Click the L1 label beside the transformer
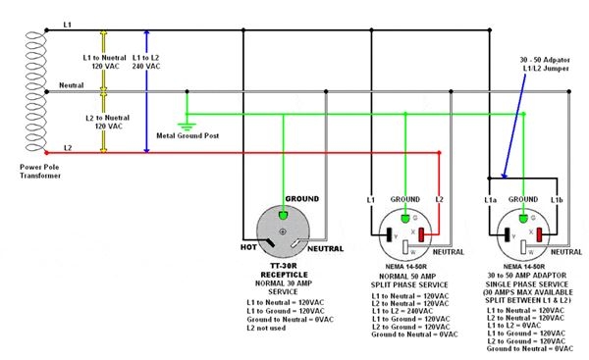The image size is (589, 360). pos(67,22)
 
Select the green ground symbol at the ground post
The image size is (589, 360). pos(187,125)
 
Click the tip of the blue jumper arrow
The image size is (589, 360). pos(500,176)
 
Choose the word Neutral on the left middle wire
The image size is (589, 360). pos(73,85)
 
